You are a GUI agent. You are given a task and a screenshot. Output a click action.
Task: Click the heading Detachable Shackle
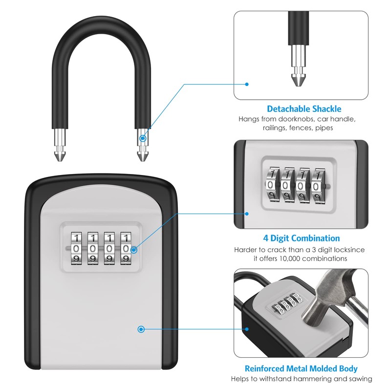pos(304,109)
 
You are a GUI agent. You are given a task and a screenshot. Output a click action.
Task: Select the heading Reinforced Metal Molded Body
pos(301,369)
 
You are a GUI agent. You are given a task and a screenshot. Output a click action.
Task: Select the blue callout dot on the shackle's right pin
pos(143,138)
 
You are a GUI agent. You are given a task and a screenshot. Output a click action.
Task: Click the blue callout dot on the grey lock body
pos(141,329)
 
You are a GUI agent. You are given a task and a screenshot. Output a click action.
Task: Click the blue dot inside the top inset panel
pos(247,84)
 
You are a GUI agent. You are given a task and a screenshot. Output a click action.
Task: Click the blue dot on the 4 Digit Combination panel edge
pos(247,214)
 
